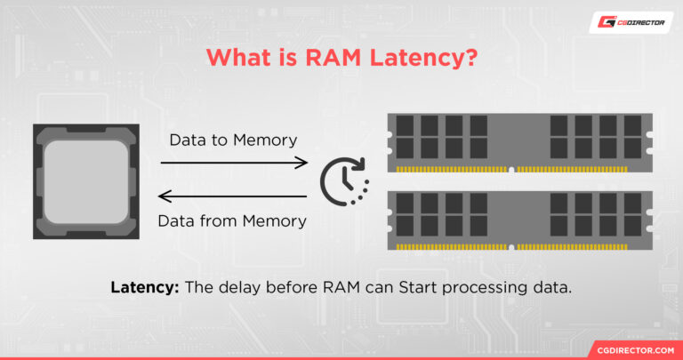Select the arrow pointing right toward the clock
234,163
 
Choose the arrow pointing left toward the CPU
234,199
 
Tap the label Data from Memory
233,221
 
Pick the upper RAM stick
520,141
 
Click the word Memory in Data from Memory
274,221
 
